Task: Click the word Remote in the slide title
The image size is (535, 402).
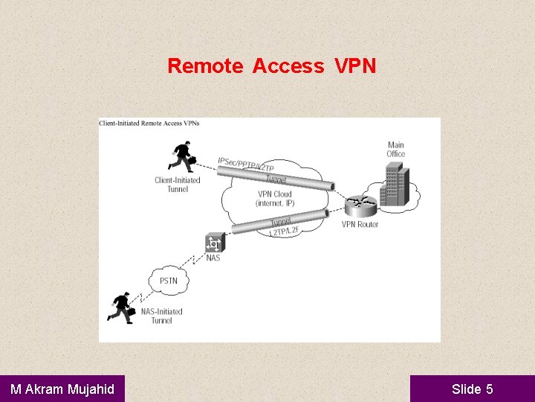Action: point(205,66)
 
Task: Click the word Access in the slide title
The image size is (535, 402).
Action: point(288,66)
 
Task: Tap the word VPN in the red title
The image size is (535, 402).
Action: point(355,66)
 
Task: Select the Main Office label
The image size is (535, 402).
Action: point(396,150)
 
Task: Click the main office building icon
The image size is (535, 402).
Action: point(394,185)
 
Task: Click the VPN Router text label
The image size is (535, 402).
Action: point(360,224)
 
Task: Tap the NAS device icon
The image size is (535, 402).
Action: point(214,243)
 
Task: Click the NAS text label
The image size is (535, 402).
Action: point(213,258)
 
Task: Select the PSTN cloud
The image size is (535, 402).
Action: point(169,281)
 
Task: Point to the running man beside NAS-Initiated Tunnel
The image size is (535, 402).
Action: point(121,306)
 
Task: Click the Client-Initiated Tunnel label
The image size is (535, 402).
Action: point(178,185)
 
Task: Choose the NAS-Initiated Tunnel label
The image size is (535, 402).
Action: point(161,316)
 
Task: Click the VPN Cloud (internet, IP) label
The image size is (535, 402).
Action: point(275,199)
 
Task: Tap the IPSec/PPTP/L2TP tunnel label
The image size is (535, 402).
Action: point(246,165)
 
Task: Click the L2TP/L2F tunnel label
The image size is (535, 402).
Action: point(284,232)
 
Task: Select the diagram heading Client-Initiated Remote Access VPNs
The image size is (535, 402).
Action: point(149,123)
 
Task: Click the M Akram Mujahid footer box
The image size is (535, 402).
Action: point(62,389)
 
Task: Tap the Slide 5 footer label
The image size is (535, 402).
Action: point(472,389)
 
